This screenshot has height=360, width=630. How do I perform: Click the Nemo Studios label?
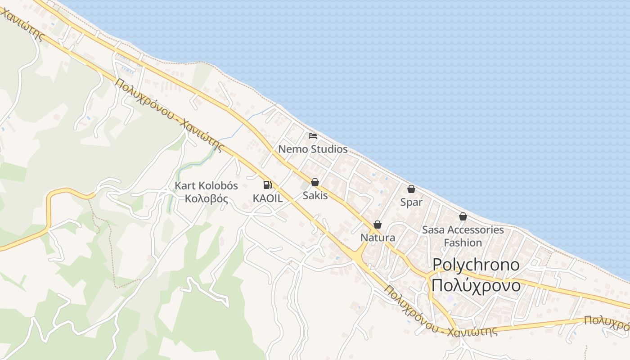click(x=313, y=149)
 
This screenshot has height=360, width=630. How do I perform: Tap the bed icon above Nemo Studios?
click(x=313, y=135)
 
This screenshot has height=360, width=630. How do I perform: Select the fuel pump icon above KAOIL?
click(x=267, y=184)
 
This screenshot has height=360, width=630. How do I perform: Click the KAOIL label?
click(x=267, y=198)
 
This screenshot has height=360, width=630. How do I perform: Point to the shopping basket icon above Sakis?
click(x=315, y=182)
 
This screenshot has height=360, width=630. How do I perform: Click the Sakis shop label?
click(x=315, y=196)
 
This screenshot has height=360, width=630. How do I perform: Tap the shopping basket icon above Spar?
click(x=411, y=189)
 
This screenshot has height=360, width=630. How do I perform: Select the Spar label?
click(x=411, y=202)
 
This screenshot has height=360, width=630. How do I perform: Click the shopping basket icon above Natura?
click(x=378, y=225)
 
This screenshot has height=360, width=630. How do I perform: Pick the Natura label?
click(x=378, y=238)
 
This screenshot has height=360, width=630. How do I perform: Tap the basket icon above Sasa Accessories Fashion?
click(x=463, y=217)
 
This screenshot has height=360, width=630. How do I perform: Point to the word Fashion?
click(x=463, y=243)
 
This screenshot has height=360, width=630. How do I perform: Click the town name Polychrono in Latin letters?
click(x=476, y=265)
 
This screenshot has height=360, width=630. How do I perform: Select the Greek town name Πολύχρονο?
click(x=476, y=285)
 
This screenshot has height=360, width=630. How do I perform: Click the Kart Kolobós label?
click(x=206, y=186)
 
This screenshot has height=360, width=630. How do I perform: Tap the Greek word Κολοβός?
click(x=206, y=198)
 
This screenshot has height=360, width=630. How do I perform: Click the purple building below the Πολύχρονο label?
click(x=450, y=299)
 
